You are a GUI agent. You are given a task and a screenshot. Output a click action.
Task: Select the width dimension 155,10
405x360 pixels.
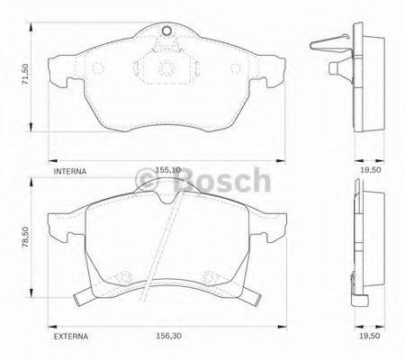pos(166,168)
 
